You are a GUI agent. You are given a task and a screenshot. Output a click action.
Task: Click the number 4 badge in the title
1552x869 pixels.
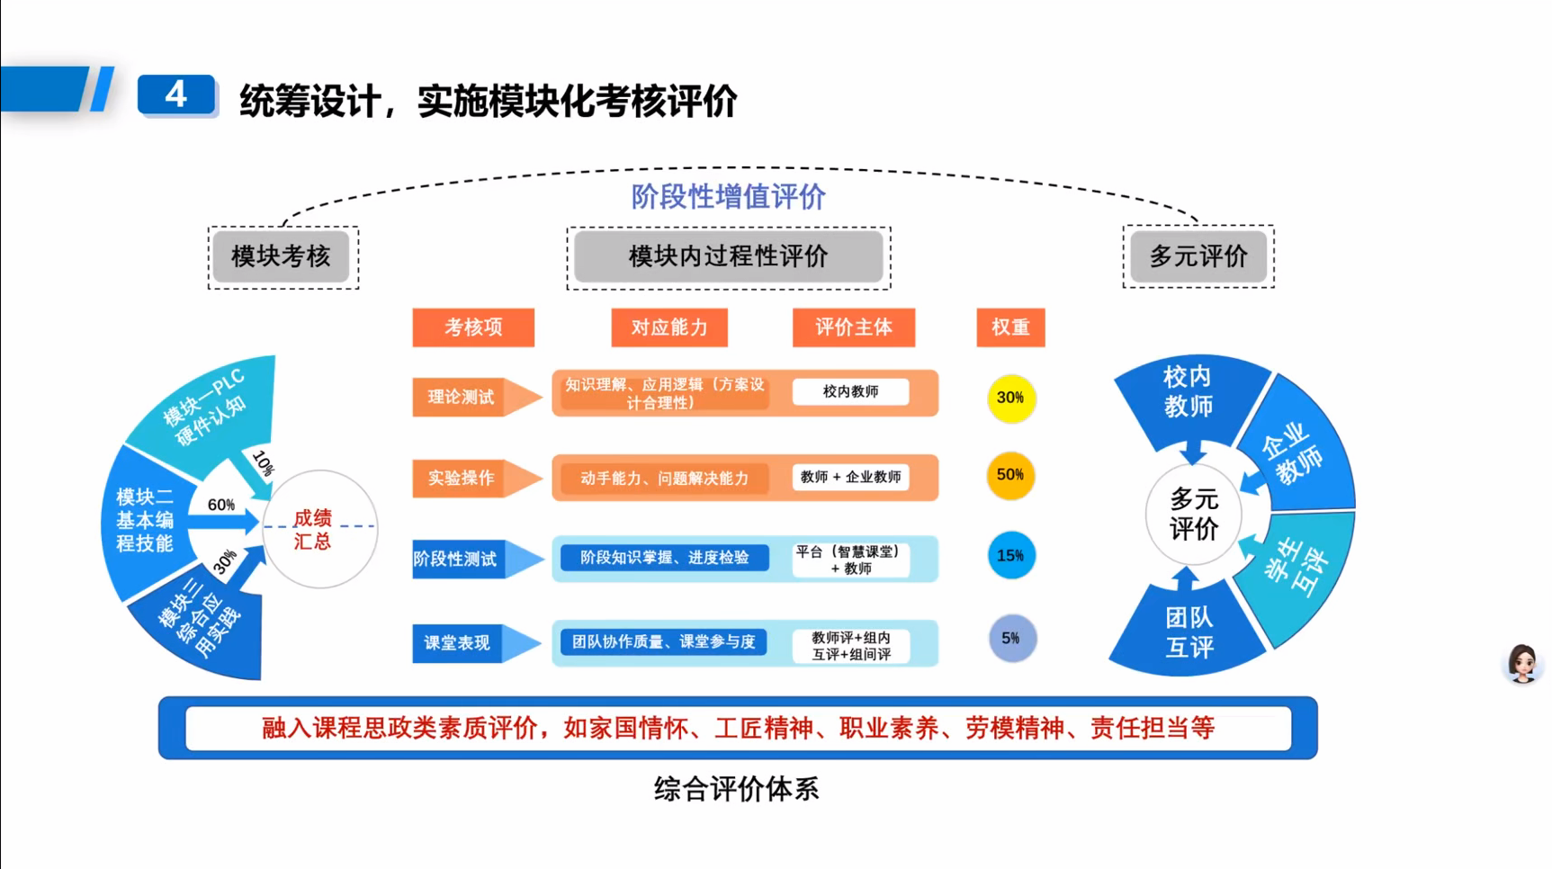click(176, 94)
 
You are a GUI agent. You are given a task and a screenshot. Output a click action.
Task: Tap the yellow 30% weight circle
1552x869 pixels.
click(1010, 398)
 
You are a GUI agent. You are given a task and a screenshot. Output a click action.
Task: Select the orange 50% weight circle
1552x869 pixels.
click(1010, 475)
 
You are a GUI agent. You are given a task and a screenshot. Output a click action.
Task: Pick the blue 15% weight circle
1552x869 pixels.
click(1010, 555)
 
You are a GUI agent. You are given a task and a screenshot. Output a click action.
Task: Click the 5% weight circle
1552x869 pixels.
click(1011, 638)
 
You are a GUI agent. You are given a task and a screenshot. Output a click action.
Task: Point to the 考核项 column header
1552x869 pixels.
click(473, 327)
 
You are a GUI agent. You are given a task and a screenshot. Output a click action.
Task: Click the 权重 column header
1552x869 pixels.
click(1010, 327)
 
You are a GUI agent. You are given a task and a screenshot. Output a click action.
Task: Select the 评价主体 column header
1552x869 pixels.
click(853, 327)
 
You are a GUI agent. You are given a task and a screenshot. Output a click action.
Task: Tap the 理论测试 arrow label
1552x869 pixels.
click(462, 397)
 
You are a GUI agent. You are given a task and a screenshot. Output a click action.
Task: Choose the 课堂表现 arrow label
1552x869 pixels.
click(458, 642)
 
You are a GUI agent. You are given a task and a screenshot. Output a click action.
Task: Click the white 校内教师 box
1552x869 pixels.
click(850, 391)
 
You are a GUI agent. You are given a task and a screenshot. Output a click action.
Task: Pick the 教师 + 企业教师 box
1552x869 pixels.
click(850, 477)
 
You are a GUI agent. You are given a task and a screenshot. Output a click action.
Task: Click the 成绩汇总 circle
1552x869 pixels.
click(318, 529)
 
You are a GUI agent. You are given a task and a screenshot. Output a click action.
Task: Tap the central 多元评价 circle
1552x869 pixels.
click(1193, 514)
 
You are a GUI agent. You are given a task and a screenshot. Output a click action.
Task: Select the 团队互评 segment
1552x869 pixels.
click(1189, 632)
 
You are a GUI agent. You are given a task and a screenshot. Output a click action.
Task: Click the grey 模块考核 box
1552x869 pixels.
click(282, 256)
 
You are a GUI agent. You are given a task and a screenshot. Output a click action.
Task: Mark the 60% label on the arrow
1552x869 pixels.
click(220, 505)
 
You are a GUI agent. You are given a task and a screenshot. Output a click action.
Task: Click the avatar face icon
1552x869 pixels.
click(1522, 664)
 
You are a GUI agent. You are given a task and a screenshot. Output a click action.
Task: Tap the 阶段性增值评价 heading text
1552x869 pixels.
click(728, 196)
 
